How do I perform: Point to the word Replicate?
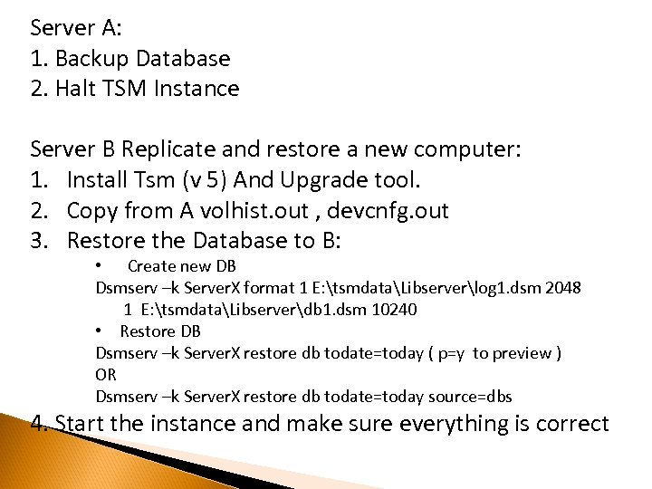[187, 149]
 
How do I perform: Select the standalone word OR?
[106, 374]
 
